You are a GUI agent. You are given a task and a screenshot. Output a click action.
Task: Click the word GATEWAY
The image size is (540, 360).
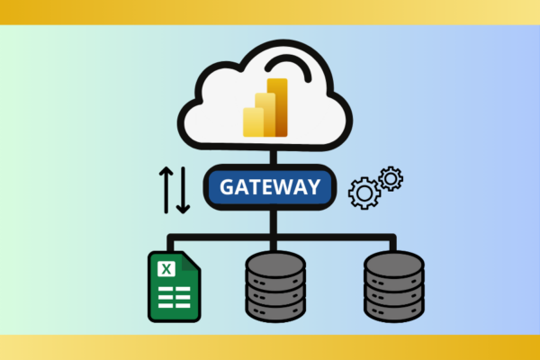click(x=270, y=187)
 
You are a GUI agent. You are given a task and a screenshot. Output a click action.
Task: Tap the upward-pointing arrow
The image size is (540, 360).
click(x=166, y=190)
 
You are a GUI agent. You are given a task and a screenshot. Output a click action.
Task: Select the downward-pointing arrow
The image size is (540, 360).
click(x=184, y=190)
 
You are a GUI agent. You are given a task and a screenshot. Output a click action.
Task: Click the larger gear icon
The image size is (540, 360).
click(x=364, y=193)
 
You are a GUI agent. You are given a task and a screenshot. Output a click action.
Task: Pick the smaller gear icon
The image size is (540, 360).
click(x=391, y=179)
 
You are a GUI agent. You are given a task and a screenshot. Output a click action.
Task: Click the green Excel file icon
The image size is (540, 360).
click(x=175, y=286)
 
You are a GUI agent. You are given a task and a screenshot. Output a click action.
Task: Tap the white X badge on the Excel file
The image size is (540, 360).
click(x=166, y=269)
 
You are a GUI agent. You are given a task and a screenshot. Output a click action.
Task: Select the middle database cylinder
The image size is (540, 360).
click(x=275, y=286)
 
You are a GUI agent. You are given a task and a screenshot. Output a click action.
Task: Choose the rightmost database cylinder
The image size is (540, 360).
click(x=394, y=286)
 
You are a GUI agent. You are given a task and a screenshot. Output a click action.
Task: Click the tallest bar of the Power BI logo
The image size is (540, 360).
click(x=277, y=107)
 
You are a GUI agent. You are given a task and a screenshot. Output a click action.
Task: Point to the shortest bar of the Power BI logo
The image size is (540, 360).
click(x=253, y=122)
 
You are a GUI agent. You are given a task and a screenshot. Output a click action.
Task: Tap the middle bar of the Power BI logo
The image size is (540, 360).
click(x=265, y=114)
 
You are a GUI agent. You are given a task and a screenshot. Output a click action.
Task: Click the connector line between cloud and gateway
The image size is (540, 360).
click(x=274, y=157)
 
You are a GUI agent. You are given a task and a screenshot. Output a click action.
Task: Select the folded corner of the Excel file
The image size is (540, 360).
click(x=190, y=262)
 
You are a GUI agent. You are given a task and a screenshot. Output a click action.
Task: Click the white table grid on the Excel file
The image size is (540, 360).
click(x=175, y=297)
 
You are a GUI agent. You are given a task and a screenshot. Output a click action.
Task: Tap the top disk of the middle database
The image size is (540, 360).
click(x=275, y=265)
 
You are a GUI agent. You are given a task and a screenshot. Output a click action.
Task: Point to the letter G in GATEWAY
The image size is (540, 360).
click(x=227, y=187)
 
